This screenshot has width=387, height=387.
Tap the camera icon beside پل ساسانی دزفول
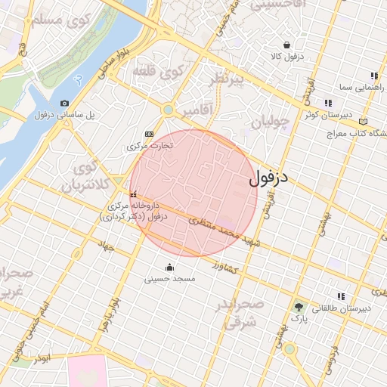pos(64,104)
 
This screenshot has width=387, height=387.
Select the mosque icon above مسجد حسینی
pos(169,267)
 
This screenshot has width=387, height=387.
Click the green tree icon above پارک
pos(300,307)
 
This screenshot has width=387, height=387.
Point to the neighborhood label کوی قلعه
pos(159,73)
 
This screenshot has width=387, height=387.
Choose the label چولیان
pos(270,122)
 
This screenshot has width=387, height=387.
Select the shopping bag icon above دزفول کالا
pos(286,45)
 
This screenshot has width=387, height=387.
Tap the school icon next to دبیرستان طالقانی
pos(341,296)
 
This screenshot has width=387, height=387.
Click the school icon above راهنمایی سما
pos(373,76)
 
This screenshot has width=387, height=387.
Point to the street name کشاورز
pos(225,268)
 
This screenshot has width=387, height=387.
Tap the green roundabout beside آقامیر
pos(168,110)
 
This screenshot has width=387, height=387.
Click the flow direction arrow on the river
pos(80,79)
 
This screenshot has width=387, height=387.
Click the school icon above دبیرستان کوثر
pos(327,103)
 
